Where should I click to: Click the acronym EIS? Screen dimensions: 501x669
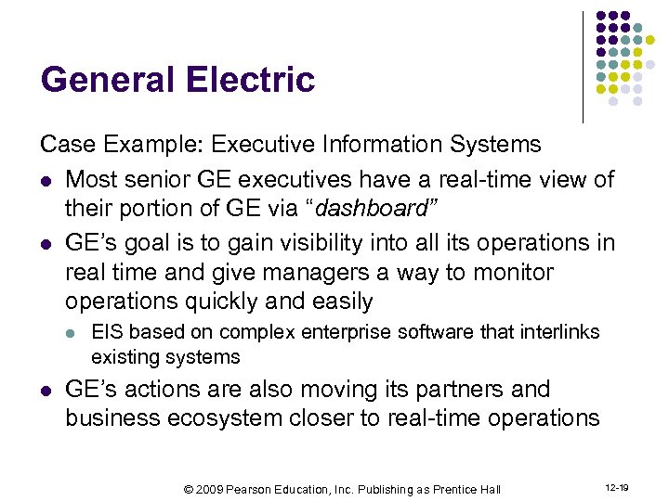[105, 332]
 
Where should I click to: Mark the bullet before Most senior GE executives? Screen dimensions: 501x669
[46, 178]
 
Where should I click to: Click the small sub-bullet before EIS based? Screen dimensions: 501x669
[72, 333]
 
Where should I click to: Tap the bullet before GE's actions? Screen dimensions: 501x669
[46, 390]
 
